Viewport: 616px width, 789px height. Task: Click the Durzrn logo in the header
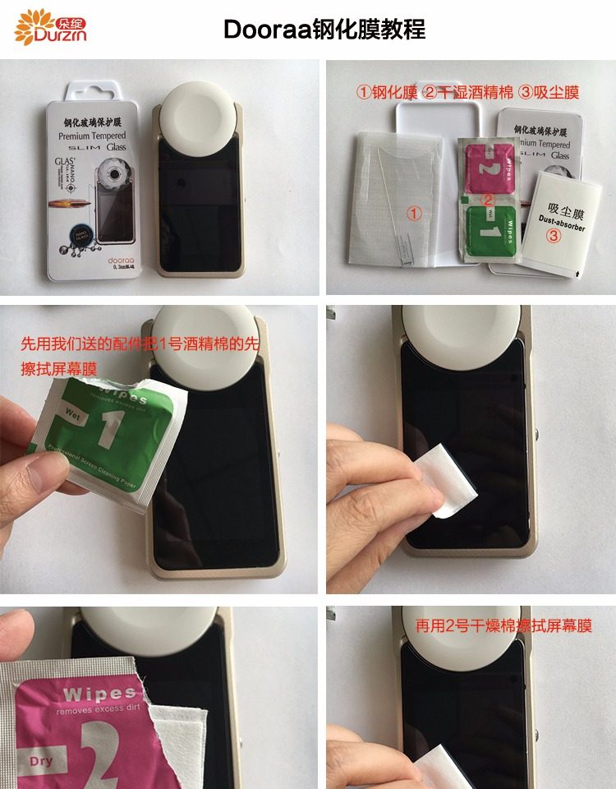pyautogui.click(x=51, y=26)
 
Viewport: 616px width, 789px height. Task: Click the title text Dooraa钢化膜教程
pyautogui.click(x=324, y=30)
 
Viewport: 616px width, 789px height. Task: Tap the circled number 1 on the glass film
pyautogui.click(x=415, y=213)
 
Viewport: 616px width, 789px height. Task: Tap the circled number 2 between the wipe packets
pyautogui.click(x=487, y=199)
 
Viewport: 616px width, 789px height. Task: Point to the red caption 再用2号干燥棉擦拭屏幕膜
pyautogui.click(x=503, y=625)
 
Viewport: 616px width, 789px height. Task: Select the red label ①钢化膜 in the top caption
pyautogui.click(x=386, y=92)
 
